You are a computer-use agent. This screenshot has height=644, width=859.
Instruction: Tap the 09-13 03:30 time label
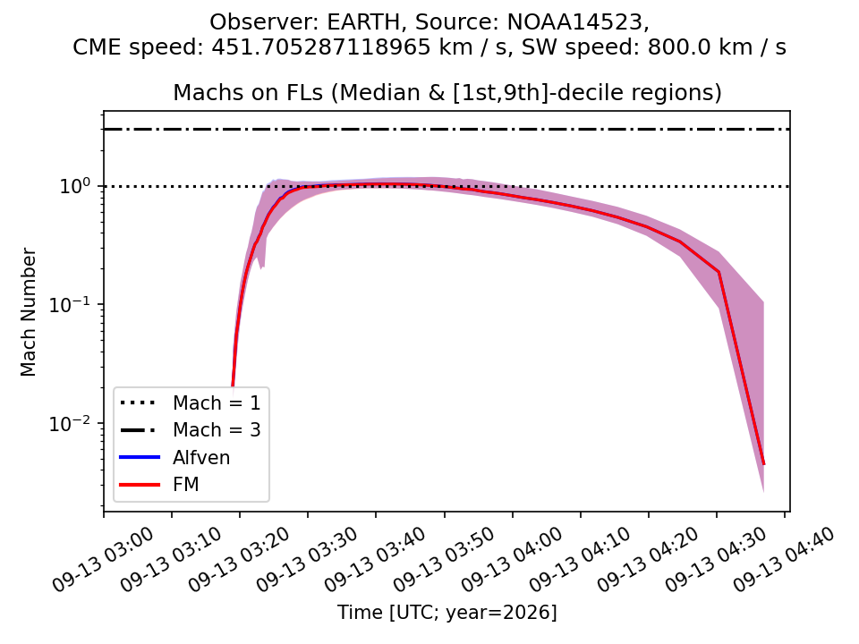307,559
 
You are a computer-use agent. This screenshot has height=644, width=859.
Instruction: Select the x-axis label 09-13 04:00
512,559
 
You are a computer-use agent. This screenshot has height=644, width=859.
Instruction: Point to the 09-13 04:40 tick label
785,559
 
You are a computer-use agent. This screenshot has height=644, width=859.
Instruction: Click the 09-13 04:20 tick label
648,559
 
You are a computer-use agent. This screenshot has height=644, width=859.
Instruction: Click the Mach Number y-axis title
28,312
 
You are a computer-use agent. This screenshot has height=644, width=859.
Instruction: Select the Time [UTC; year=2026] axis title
447,612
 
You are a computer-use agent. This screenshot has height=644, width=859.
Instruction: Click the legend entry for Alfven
175,457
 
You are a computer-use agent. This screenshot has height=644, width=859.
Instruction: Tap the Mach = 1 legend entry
190,403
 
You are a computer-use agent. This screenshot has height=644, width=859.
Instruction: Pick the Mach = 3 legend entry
190,430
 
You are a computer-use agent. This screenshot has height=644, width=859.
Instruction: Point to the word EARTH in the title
364,22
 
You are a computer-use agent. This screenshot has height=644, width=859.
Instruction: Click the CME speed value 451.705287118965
321,47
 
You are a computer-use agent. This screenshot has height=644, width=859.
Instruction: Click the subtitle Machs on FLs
248,92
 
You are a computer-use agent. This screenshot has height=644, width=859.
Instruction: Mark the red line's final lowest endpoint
763,464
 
